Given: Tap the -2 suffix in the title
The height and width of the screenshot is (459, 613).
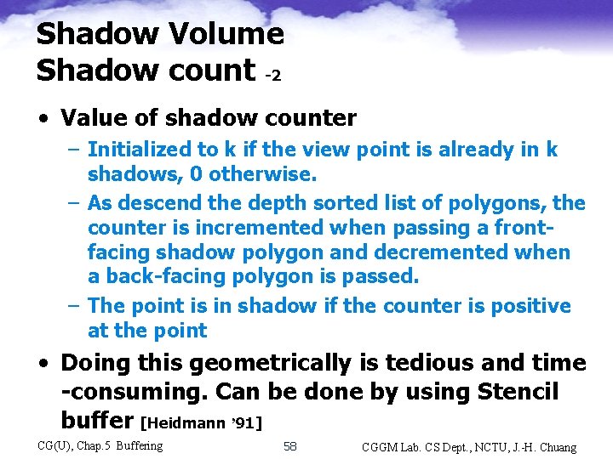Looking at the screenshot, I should tap(272, 75).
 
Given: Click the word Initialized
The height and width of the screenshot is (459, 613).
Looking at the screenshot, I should tap(140, 150).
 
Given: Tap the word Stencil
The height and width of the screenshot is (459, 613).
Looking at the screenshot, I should tap(518, 393).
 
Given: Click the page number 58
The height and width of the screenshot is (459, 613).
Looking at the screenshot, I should tap(290, 445).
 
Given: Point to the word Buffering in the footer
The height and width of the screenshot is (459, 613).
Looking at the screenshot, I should tap(139, 445).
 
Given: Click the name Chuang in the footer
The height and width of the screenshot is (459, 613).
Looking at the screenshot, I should tap(554, 447).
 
